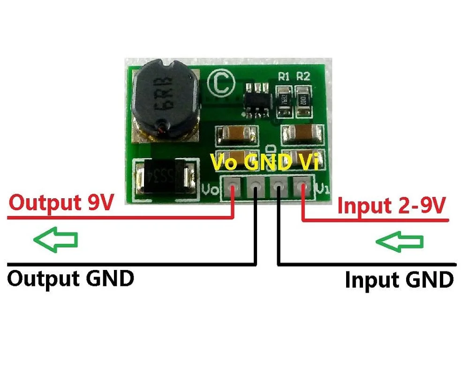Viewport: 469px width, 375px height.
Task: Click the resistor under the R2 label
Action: (303, 99)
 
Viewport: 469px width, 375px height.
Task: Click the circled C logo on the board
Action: (222, 83)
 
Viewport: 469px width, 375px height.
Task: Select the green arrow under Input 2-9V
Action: (400, 242)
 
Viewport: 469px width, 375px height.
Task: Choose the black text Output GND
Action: (70, 278)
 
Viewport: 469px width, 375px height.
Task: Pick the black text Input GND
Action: (399, 280)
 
